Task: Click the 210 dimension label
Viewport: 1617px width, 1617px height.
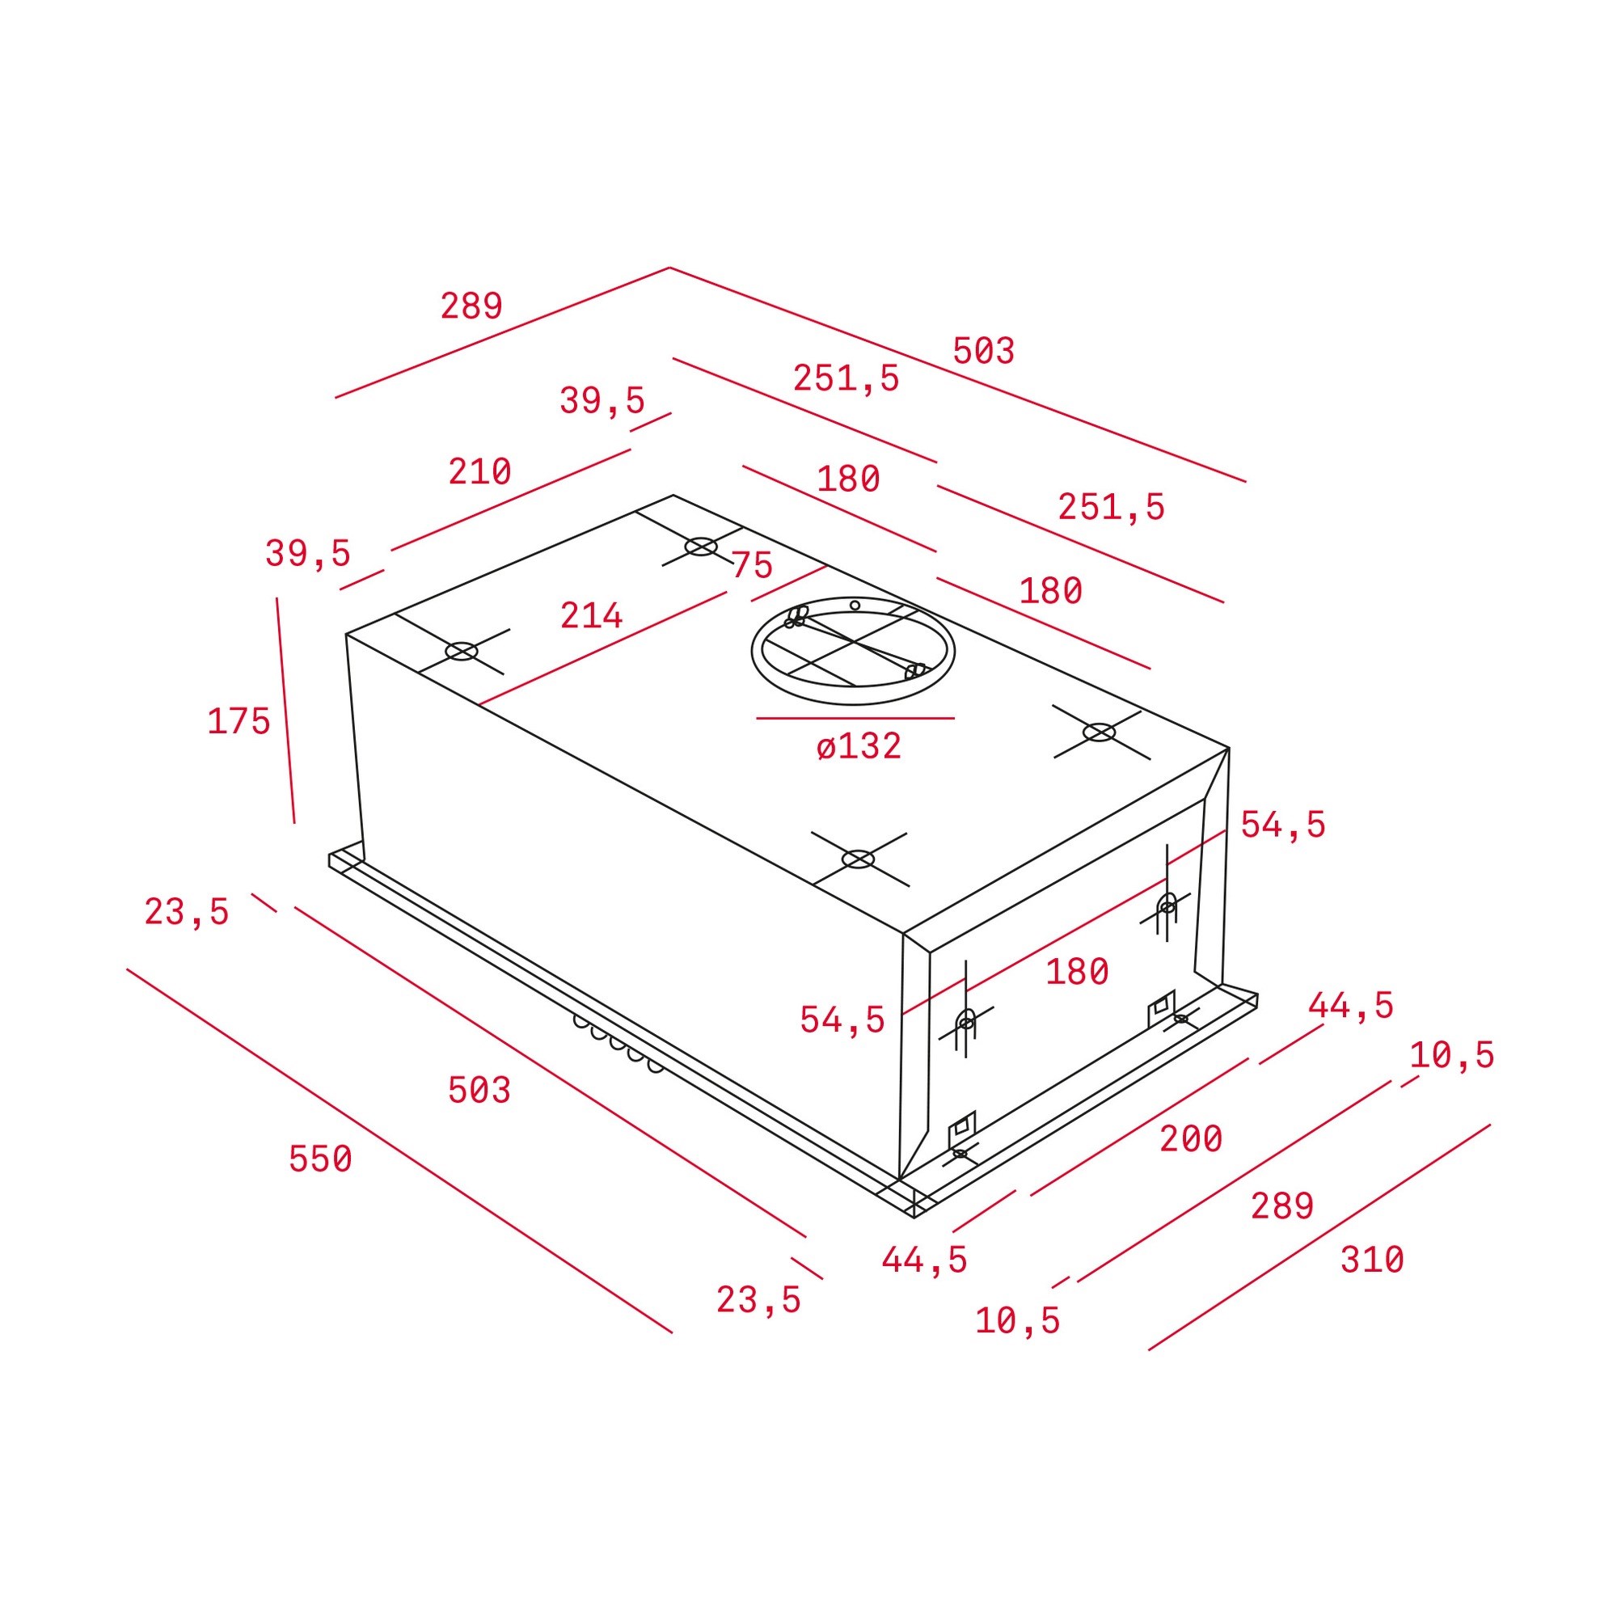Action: (x=479, y=472)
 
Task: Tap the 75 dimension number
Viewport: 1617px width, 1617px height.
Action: (x=752, y=565)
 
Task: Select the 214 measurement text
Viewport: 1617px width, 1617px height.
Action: (x=592, y=616)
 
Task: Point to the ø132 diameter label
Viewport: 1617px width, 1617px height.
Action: (x=859, y=745)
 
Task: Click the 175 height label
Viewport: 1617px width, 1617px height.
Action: (x=239, y=721)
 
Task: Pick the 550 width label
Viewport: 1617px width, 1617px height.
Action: (x=320, y=1159)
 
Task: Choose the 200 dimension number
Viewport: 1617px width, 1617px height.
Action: (x=1191, y=1138)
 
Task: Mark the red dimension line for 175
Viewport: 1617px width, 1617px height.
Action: (x=285, y=711)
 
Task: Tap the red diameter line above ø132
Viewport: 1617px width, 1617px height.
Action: (x=855, y=718)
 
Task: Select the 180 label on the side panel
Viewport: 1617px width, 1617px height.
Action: (x=1077, y=972)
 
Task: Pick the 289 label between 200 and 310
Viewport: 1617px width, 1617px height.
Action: (x=1282, y=1206)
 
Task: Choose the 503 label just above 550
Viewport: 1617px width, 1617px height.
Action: (x=479, y=1091)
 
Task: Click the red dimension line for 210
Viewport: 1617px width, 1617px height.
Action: (x=510, y=500)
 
